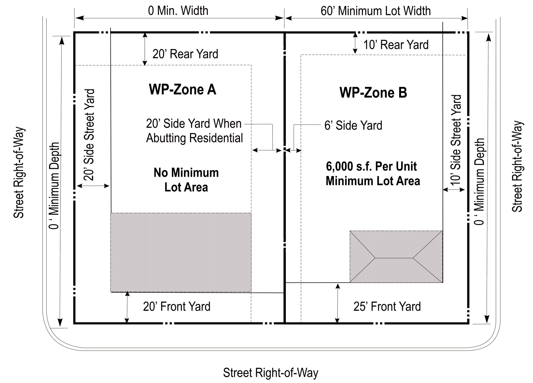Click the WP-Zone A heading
(x=183, y=90)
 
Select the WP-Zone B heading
(x=373, y=93)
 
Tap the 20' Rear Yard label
(x=185, y=54)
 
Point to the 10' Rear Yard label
(x=396, y=45)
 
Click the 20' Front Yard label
(x=177, y=307)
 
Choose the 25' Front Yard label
(x=387, y=307)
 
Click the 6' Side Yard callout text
(x=353, y=126)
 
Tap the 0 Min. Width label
(x=178, y=11)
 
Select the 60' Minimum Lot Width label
(x=376, y=11)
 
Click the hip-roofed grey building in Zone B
(x=396, y=257)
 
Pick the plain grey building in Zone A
(x=181, y=252)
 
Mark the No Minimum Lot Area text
(x=186, y=180)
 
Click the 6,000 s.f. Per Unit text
(x=371, y=167)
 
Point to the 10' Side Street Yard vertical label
(x=456, y=140)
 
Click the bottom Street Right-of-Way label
(x=271, y=373)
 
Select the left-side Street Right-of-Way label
(x=19, y=173)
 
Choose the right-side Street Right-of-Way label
(x=517, y=166)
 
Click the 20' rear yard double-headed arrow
(x=144, y=49)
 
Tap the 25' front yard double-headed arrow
(x=337, y=303)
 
